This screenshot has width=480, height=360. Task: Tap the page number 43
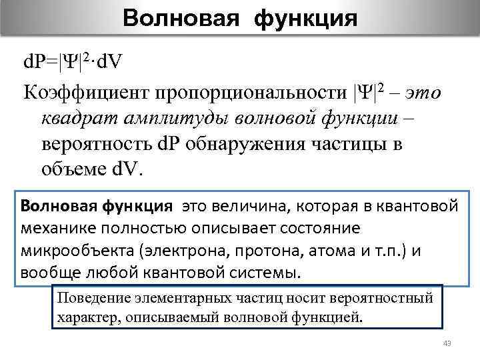click(x=447, y=343)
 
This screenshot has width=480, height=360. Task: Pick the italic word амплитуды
click(x=166, y=117)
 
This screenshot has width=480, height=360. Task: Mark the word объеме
click(x=71, y=169)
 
